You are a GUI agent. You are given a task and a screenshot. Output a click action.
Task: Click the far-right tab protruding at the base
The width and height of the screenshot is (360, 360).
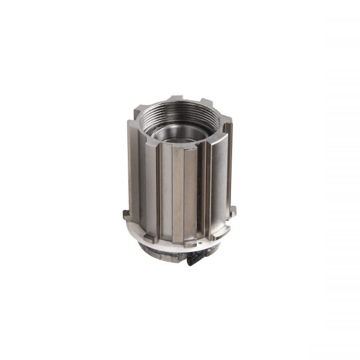tap(233, 211)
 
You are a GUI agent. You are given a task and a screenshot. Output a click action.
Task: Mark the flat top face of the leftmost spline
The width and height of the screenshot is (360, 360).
tap(134, 122)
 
